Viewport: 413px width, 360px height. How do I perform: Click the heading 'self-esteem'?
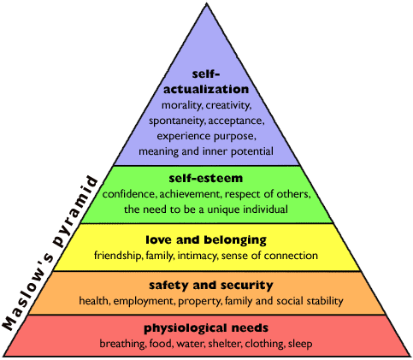[x=206, y=179]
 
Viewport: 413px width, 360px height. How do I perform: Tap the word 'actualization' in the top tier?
[x=206, y=89]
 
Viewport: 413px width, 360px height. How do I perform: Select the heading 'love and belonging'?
[x=206, y=240]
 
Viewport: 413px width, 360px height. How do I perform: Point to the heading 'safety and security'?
[x=211, y=286]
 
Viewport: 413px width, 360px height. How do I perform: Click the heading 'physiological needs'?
[x=206, y=328]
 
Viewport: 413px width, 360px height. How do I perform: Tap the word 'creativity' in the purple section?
[x=228, y=105]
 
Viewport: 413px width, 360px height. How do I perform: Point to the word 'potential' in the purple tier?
[x=252, y=151]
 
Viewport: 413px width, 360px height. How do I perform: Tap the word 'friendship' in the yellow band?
[x=118, y=256]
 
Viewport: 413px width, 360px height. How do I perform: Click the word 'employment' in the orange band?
[x=145, y=301]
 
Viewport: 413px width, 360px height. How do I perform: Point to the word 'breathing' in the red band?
[x=123, y=344]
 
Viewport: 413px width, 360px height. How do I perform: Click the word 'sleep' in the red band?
[x=300, y=344]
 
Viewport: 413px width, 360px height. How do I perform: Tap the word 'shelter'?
[x=225, y=344]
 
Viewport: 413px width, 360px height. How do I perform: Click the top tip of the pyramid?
[x=206, y=3]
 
